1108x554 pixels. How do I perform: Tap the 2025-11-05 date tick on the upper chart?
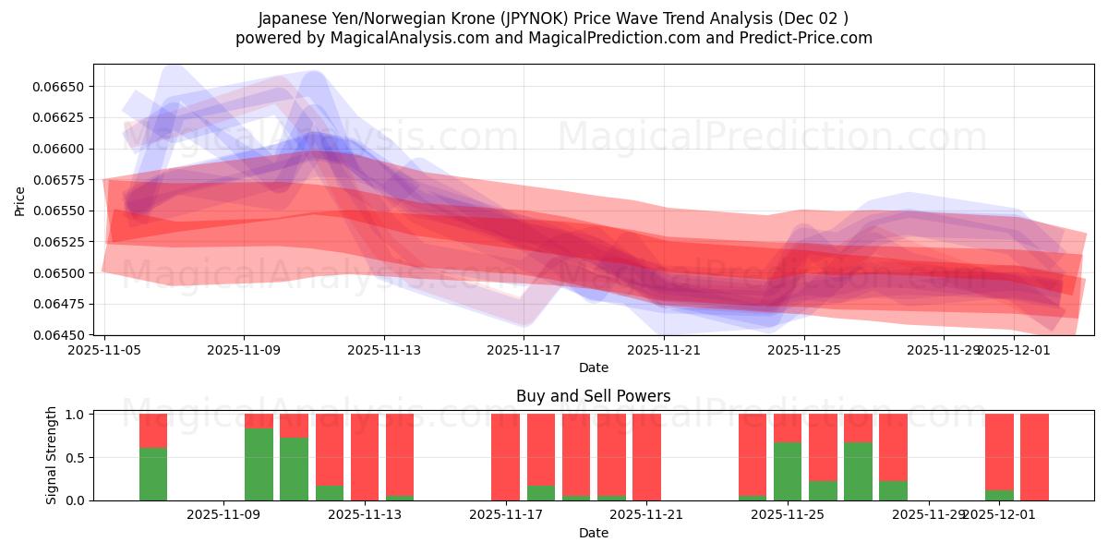(104, 350)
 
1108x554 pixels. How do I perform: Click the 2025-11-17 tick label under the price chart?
(524, 350)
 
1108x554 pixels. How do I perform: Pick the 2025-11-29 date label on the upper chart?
(943, 350)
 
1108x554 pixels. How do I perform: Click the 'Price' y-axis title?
(20, 200)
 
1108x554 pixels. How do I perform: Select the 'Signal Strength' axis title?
(52, 455)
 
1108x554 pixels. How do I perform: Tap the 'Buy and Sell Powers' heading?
(593, 396)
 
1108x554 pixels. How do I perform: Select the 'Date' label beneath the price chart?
(593, 367)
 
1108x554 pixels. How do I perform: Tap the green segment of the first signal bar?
(153, 474)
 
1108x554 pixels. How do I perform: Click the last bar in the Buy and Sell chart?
(1034, 457)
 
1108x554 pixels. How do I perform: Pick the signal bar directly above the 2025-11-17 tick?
(505, 457)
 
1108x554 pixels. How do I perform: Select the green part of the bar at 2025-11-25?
(787, 471)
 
